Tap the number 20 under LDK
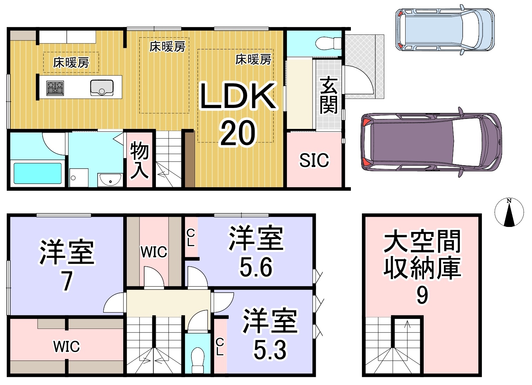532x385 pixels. (238, 133)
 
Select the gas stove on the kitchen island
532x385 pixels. (55, 88)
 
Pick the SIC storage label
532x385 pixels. (314, 160)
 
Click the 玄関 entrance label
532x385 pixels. (329, 95)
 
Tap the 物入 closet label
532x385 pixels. (139, 160)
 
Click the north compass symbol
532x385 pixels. (509, 212)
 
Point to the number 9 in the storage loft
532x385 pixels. (422, 295)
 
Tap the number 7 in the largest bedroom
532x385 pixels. (67, 281)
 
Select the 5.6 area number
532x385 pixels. (256, 267)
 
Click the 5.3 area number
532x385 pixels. (270, 349)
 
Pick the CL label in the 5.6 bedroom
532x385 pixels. (191, 238)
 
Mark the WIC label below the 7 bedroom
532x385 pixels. (66, 346)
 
